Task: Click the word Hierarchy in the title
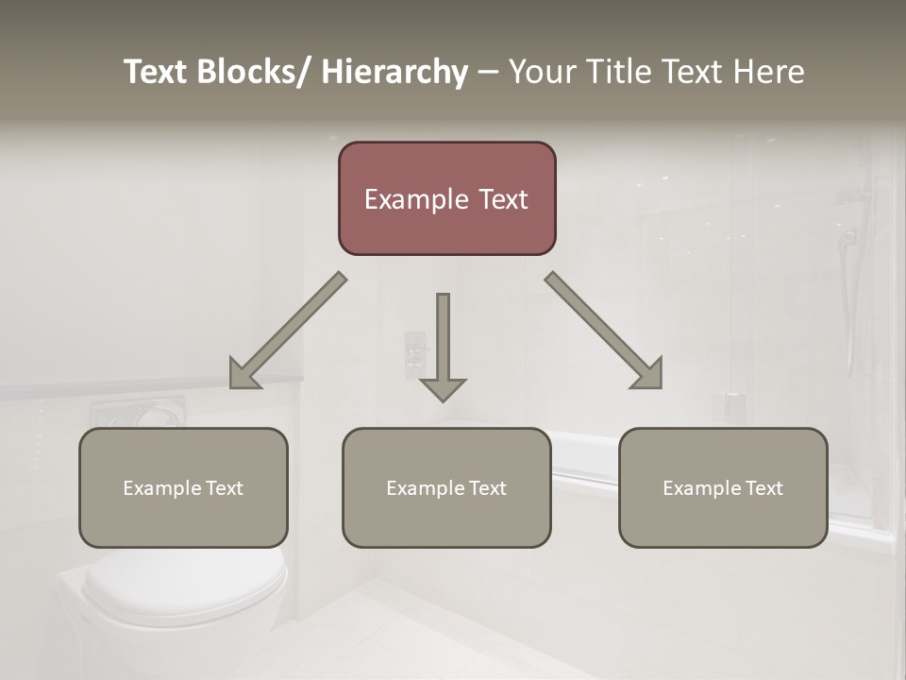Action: (394, 72)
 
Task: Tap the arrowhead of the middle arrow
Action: (443, 389)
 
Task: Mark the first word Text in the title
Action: (156, 72)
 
